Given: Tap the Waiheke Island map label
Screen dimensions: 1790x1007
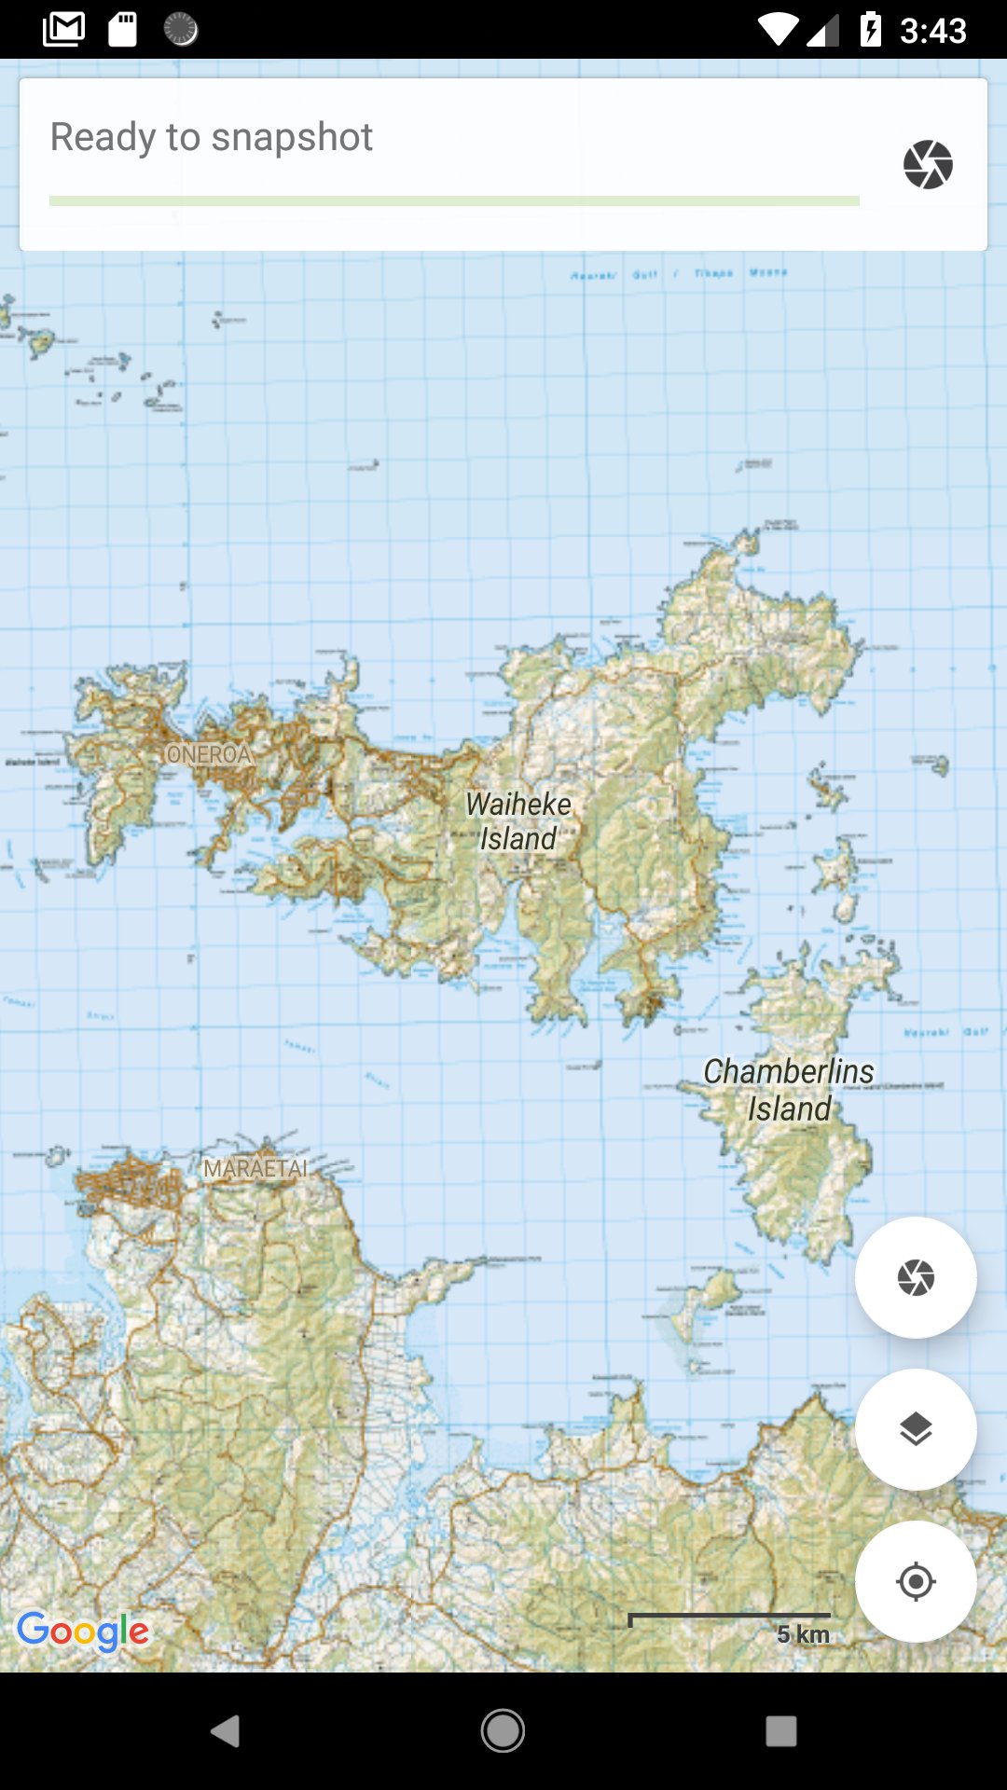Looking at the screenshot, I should pyautogui.click(x=518, y=821).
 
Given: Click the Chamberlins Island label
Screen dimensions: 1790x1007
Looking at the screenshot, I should pyautogui.click(x=789, y=1090).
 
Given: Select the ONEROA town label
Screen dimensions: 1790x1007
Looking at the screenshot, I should pyautogui.click(x=209, y=754).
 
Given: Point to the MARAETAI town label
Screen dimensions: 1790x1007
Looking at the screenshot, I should pyautogui.click(x=255, y=1169).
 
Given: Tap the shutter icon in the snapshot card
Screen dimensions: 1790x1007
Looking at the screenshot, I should pyautogui.click(x=928, y=165).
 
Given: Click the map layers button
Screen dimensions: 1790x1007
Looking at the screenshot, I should pyautogui.click(x=916, y=1429).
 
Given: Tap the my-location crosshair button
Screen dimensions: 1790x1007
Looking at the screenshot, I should pyautogui.click(x=916, y=1581).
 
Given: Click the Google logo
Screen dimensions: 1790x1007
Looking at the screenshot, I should pyautogui.click(x=83, y=1632).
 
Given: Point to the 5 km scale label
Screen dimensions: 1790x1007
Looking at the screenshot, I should pyautogui.click(x=803, y=1634).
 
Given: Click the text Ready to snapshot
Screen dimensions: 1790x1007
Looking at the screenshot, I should pyautogui.click(x=212, y=137).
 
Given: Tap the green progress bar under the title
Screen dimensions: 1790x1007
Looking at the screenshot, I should pyautogui.click(x=454, y=200).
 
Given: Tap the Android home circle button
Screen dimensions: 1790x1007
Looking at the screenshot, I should pyautogui.click(x=503, y=1731).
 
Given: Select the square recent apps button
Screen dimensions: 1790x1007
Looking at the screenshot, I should pyautogui.click(x=780, y=1731).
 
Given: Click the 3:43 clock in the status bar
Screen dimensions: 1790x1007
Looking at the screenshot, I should pyautogui.click(x=933, y=31).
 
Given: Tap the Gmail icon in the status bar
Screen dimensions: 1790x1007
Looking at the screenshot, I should pyautogui.click(x=63, y=29).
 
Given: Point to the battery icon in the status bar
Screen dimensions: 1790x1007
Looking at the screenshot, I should pyautogui.click(x=870, y=29).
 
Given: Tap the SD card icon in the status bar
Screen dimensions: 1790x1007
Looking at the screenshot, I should pyautogui.click(x=122, y=29).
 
